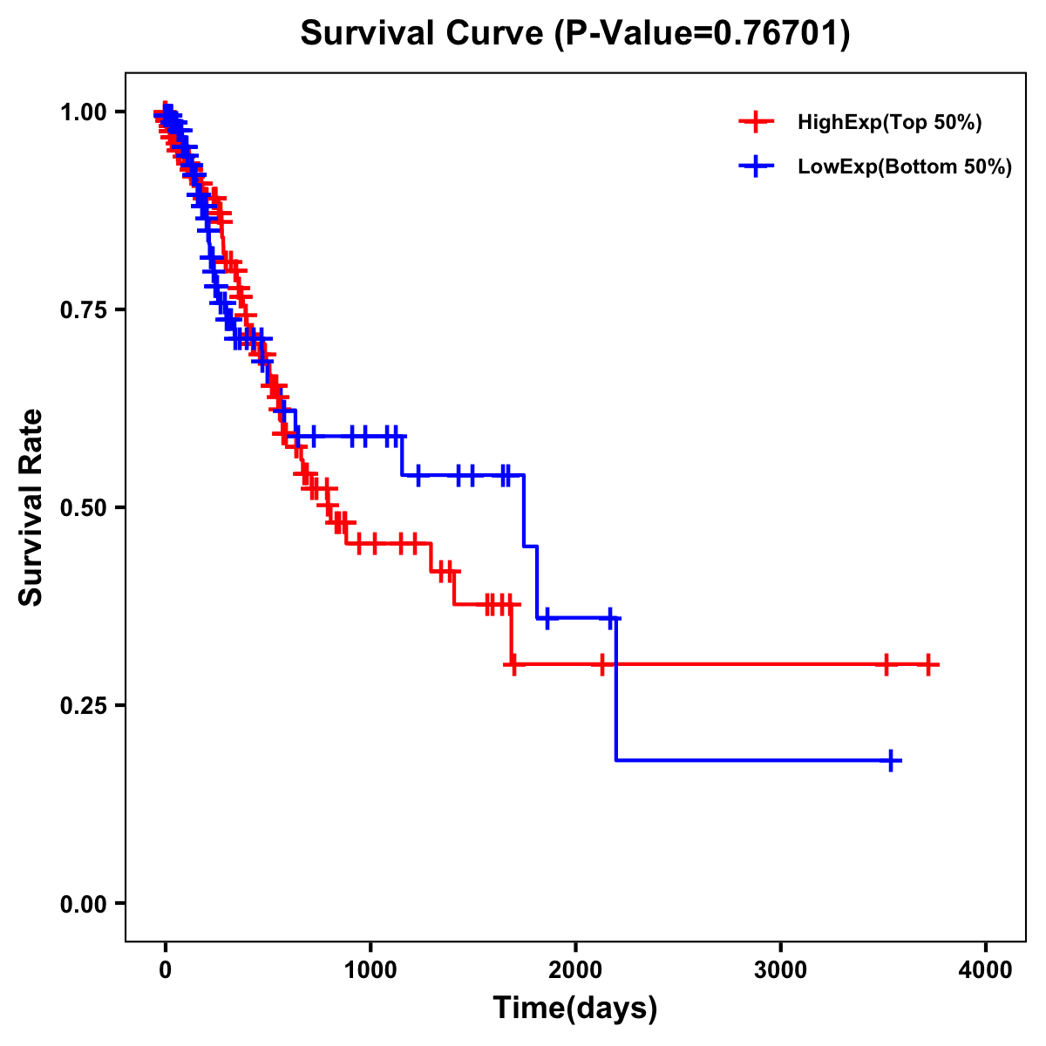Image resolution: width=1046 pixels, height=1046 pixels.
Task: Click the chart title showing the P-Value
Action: click(574, 33)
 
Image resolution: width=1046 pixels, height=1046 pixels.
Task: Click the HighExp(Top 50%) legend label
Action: click(889, 123)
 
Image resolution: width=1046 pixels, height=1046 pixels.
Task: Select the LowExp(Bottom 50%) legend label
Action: click(905, 167)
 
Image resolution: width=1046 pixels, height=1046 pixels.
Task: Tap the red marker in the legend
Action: click(756, 123)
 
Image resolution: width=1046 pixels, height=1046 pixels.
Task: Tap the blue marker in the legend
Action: click(756, 166)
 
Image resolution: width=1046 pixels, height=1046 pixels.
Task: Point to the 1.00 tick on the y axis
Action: click(83, 112)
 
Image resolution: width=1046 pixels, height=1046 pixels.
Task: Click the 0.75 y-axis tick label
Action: click(83, 310)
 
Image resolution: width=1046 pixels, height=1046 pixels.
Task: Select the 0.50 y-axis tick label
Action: click(83, 508)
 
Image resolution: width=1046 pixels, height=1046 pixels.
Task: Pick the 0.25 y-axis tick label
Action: click(83, 706)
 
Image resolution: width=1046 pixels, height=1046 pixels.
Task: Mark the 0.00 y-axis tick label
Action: click(83, 904)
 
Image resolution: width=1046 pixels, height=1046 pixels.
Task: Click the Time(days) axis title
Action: click(575, 1009)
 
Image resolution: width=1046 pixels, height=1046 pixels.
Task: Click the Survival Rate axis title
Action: click(31, 506)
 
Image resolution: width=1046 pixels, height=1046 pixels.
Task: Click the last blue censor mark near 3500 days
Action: click(891, 760)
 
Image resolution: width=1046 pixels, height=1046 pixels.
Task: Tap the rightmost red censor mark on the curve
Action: click(928, 665)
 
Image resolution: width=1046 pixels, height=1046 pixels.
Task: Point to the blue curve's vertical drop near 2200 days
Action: click(616, 689)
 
